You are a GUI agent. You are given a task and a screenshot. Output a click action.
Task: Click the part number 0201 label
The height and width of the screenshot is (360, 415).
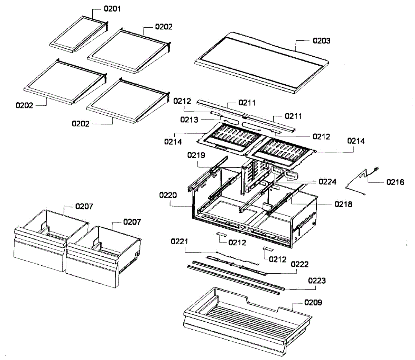(x=112, y=8)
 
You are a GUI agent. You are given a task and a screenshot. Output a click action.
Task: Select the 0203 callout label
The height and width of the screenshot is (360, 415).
(x=322, y=40)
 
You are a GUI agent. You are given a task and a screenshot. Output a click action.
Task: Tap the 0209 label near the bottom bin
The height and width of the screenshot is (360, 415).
(x=313, y=302)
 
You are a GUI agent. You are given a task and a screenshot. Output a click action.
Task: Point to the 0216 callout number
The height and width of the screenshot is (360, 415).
(x=395, y=182)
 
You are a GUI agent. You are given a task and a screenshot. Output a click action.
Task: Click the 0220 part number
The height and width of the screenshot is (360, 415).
(x=168, y=195)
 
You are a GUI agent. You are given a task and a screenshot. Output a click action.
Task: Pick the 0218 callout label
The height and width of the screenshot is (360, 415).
(x=343, y=204)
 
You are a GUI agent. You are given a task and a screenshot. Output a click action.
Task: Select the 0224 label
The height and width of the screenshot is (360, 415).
(x=328, y=181)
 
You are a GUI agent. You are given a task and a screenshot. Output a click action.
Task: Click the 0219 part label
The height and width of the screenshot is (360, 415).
(x=196, y=155)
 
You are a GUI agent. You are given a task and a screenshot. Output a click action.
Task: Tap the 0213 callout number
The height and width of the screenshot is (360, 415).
(x=189, y=120)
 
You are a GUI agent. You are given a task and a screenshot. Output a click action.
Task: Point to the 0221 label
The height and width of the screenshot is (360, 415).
(x=179, y=241)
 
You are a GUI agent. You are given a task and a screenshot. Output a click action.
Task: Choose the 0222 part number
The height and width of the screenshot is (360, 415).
(x=299, y=264)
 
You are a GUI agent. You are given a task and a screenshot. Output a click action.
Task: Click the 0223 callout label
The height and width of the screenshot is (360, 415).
(x=317, y=281)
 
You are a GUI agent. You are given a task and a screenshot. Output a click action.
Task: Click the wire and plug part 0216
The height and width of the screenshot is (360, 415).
(x=361, y=180)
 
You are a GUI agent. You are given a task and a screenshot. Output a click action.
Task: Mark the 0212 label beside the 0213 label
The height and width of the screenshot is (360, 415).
(x=182, y=101)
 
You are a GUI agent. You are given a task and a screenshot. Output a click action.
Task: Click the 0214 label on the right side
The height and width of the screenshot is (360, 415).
(x=356, y=141)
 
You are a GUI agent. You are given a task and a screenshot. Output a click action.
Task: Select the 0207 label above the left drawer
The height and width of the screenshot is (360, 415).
(x=84, y=206)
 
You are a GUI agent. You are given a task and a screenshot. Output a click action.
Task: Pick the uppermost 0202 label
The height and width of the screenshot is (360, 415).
(x=164, y=27)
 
